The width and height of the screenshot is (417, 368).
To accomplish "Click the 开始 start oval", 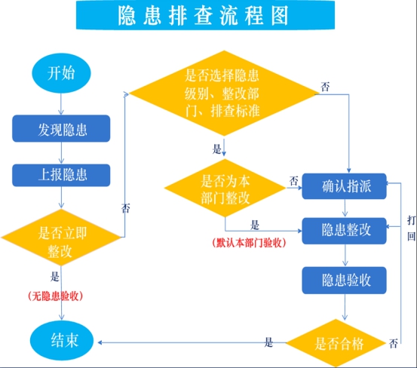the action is coord(61,73).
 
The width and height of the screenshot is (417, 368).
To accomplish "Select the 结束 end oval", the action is coord(62,341).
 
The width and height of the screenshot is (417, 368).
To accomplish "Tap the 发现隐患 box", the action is coord(61,128).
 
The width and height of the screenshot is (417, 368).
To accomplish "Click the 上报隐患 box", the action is coord(61,175).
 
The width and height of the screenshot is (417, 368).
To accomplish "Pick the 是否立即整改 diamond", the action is coord(61,238).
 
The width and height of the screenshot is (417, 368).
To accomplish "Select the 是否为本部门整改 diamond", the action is coord(225,188).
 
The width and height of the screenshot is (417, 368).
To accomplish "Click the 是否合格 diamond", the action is coord(336,343).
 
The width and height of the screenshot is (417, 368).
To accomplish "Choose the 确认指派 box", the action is coord(344,186).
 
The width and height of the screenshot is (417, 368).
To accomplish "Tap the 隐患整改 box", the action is coord(344,231).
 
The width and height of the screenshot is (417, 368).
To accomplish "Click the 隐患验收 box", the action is coord(344,281).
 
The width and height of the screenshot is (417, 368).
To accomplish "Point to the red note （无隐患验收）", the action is coord(55,296).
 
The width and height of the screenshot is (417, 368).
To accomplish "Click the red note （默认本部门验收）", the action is coord(249,243).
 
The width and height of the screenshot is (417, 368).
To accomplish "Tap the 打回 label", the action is coord(411,228).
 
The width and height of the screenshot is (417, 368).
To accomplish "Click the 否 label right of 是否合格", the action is coord(394,344).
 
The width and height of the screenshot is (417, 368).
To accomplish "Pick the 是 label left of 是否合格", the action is coord(268,342).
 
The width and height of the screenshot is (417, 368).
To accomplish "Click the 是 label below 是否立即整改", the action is coord(55,277).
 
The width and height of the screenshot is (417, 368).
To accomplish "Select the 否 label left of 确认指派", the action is coord(293,181).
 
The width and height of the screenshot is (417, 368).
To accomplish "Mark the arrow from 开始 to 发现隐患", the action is coord(61,104).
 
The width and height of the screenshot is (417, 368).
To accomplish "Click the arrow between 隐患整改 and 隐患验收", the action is coord(345,255).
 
